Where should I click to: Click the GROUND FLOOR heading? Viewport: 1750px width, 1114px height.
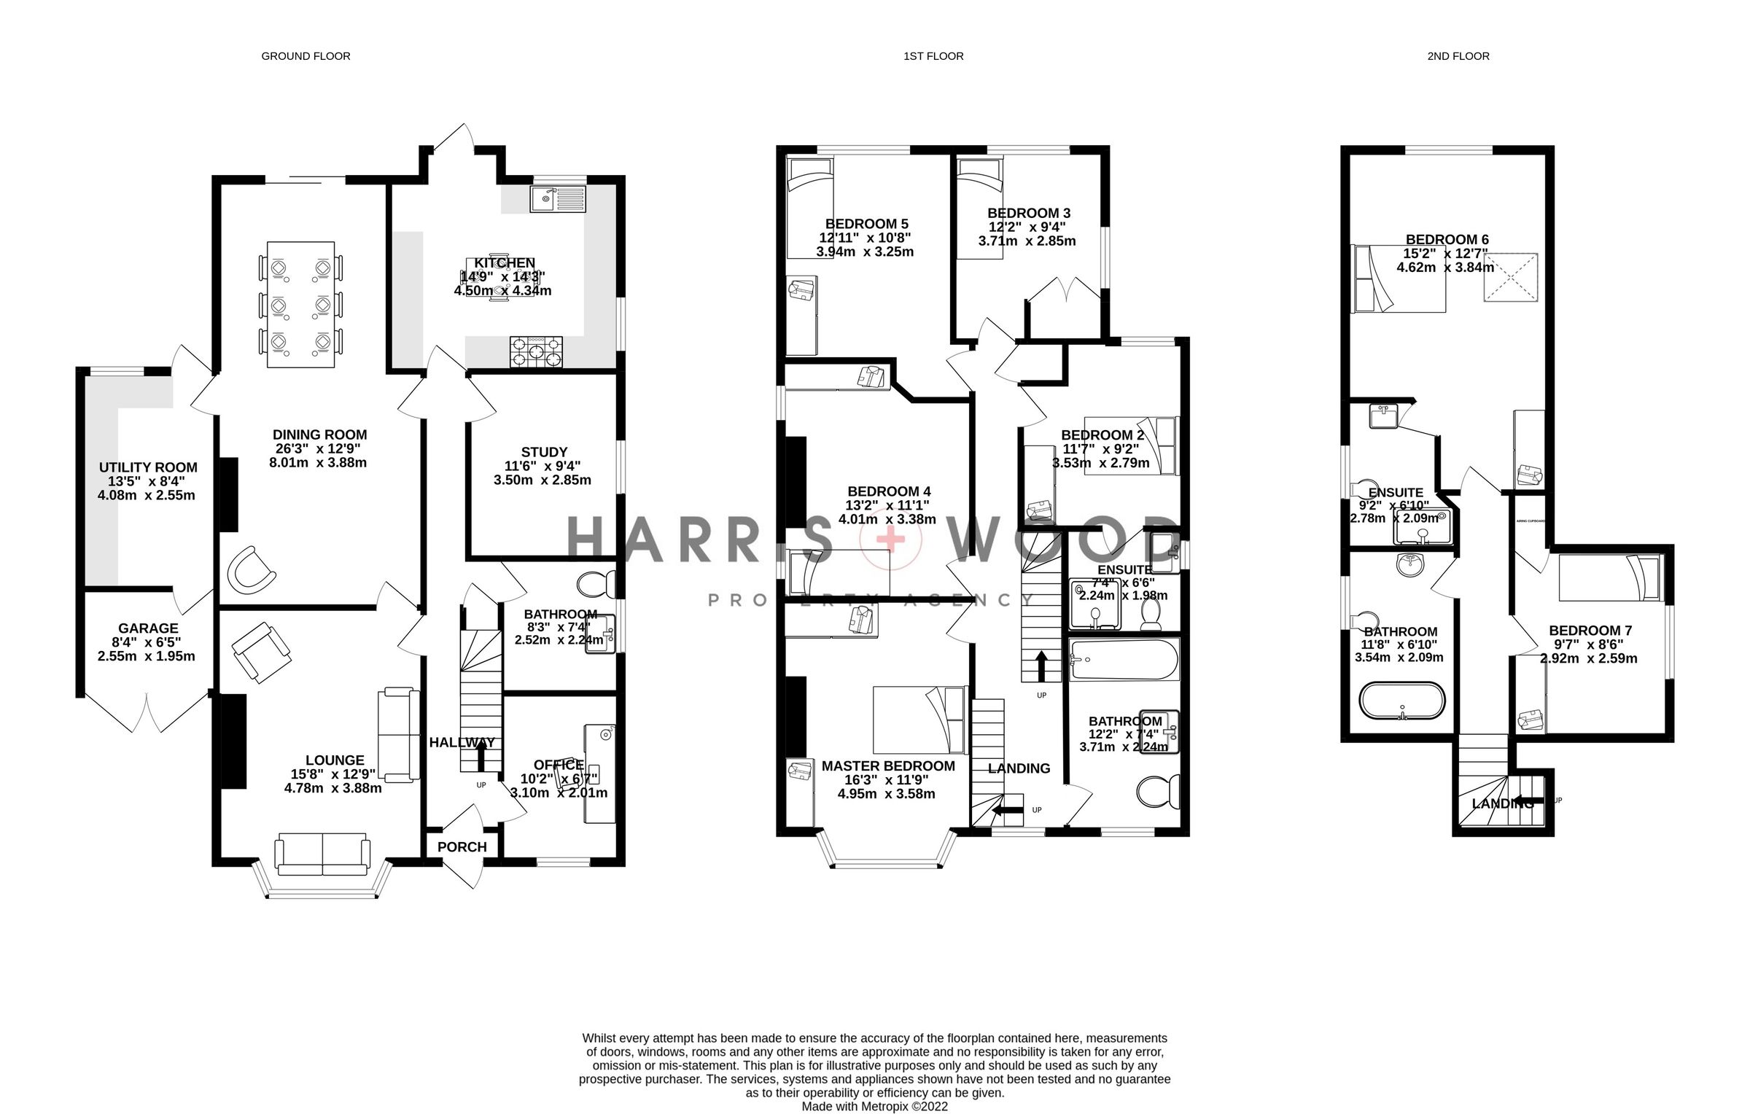[x=306, y=56]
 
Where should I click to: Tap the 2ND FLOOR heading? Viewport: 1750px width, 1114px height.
[x=1458, y=56]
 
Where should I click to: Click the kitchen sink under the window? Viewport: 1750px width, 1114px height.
[x=558, y=198]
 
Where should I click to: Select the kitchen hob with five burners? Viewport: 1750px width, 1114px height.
[x=537, y=353]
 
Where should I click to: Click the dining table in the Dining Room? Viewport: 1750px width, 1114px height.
[x=301, y=305]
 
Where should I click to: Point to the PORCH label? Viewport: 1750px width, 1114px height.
[x=462, y=846]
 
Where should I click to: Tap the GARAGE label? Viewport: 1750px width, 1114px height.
[x=148, y=628]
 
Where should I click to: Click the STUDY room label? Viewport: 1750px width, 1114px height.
[x=544, y=452]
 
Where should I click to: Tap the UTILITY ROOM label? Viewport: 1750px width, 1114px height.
[x=148, y=467]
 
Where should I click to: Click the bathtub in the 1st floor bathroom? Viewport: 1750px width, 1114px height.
[x=1123, y=660]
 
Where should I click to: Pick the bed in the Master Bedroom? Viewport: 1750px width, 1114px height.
[x=920, y=720]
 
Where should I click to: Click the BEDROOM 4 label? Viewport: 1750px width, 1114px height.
[x=888, y=491]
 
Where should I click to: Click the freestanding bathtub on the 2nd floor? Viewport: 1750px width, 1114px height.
[x=1401, y=701]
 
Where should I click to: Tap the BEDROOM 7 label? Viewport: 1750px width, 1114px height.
[x=1590, y=630]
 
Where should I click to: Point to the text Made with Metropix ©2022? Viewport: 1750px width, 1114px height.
[x=874, y=1106]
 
